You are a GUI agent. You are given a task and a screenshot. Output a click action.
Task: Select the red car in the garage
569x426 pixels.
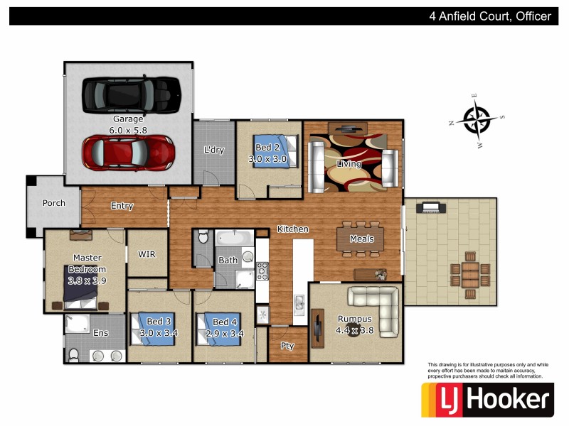[x=129, y=150]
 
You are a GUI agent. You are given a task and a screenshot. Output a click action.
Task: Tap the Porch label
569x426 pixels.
[x=54, y=203]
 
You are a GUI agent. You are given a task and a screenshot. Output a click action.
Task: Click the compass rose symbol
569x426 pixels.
[x=476, y=118]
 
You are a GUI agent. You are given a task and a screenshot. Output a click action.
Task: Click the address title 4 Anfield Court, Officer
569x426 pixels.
[x=490, y=16]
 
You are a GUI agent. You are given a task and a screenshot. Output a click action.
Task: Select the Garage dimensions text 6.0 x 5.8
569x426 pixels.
[x=128, y=131]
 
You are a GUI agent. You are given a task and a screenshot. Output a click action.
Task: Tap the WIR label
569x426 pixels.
[x=147, y=253]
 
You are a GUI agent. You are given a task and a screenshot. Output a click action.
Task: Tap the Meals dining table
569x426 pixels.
[x=361, y=239]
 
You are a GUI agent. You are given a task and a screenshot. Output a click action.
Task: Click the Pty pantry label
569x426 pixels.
[x=287, y=346]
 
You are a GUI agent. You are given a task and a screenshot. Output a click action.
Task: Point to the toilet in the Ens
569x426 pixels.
[x=73, y=354]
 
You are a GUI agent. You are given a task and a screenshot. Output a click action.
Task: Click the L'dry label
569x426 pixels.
[x=213, y=151]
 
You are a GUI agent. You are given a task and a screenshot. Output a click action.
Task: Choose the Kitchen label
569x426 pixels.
[x=292, y=229]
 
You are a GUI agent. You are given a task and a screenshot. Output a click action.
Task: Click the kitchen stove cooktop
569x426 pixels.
[x=262, y=270]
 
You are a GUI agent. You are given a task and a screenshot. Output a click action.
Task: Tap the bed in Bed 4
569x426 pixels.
[x=222, y=329]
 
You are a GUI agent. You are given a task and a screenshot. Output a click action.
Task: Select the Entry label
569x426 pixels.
[x=122, y=206]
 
